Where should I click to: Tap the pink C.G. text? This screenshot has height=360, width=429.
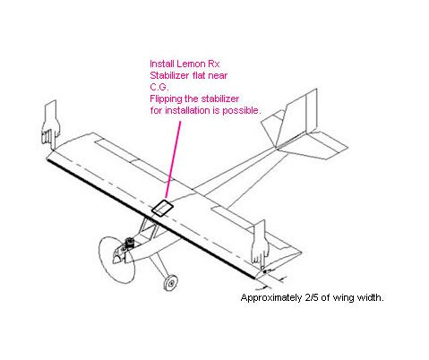coord(159,87)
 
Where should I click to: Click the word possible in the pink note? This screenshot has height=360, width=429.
coord(241,111)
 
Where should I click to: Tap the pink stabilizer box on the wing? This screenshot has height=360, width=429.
coord(162,208)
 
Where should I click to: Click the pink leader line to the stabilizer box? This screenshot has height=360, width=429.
coord(173,160)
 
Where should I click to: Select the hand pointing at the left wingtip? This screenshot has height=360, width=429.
coord(51,124)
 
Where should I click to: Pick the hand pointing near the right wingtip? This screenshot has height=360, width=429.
coord(260,243)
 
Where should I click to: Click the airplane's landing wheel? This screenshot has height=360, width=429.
coord(171,283)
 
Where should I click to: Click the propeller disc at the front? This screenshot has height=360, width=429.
coord(116,260)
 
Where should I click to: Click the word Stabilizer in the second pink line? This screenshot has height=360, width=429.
coord(169,75)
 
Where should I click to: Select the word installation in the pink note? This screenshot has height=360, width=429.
coord(188,110)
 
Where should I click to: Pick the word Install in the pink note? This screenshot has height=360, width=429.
coord(162,64)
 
